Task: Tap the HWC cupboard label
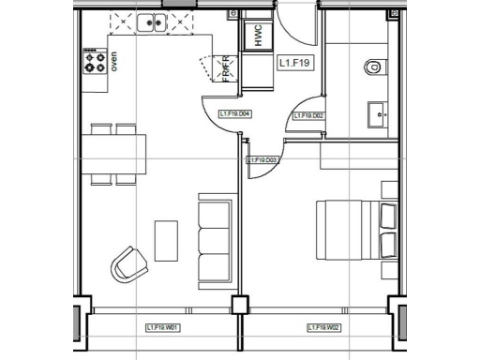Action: tap(253, 37)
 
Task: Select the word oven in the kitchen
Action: tap(114, 62)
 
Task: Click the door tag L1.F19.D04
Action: tap(233, 114)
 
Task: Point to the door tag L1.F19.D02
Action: tap(308, 116)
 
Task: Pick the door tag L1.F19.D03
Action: tap(262, 160)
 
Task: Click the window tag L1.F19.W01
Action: tap(162, 327)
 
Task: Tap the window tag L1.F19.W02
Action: tap(323, 327)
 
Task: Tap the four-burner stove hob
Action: tap(95, 62)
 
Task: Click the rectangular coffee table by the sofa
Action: tap(166, 240)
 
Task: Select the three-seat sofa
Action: tap(214, 240)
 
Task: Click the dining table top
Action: tap(114, 149)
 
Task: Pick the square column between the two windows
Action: tap(241, 305)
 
